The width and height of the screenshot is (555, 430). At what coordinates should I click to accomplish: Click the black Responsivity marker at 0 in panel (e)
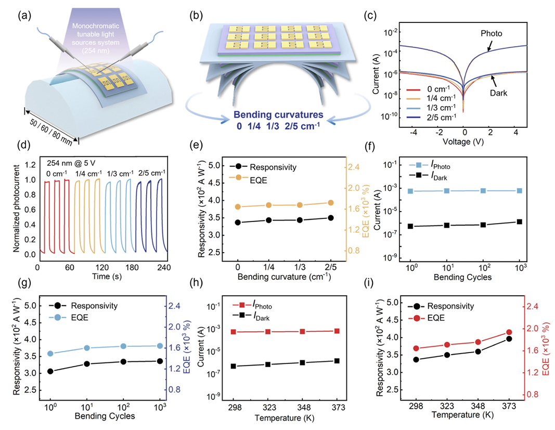point(238,223)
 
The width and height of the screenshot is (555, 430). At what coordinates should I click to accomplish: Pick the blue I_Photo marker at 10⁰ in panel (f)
point(410,191)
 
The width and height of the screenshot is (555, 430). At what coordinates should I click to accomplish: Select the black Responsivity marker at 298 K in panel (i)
point(416,359)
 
